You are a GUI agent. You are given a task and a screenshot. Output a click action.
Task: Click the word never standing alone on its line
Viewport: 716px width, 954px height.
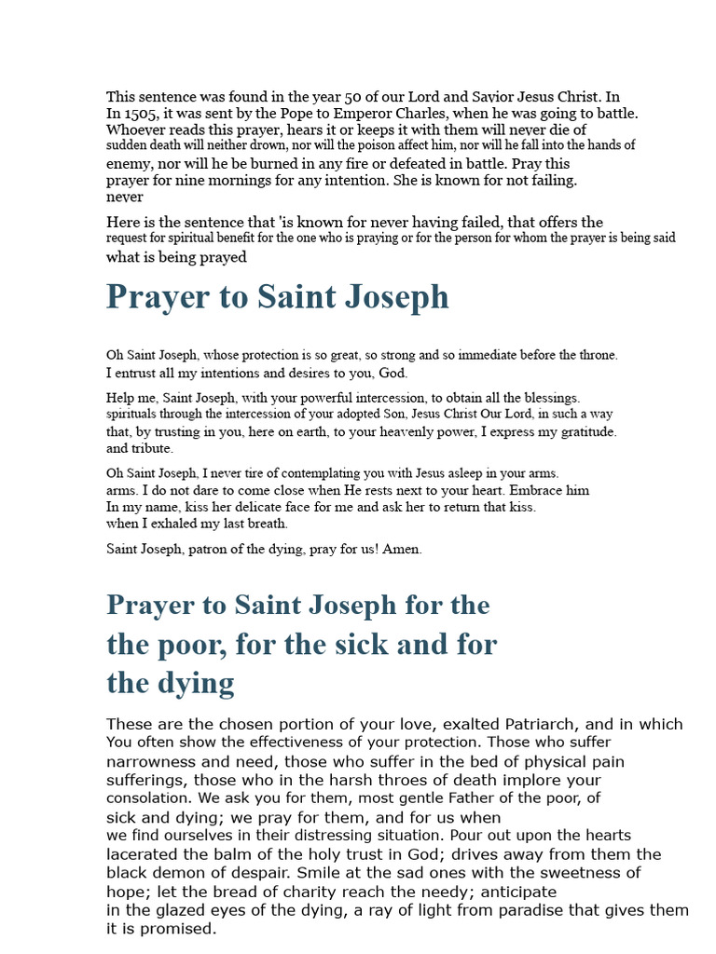[125, 197]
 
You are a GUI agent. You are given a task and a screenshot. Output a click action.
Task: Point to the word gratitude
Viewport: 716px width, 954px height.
[580, 431]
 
